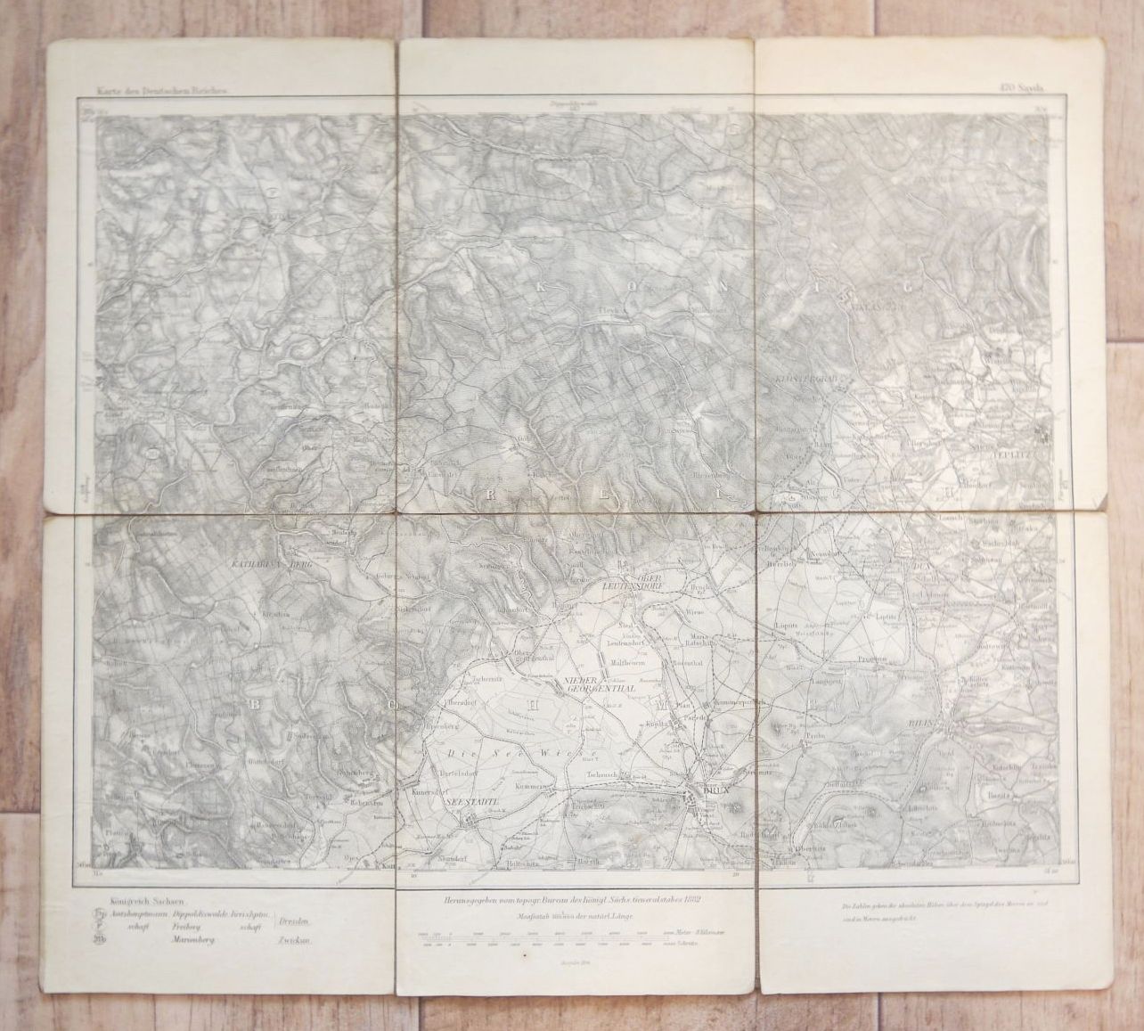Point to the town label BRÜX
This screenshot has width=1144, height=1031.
(x=711, y=788)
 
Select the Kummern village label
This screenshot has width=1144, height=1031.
(x=525, y=788)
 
